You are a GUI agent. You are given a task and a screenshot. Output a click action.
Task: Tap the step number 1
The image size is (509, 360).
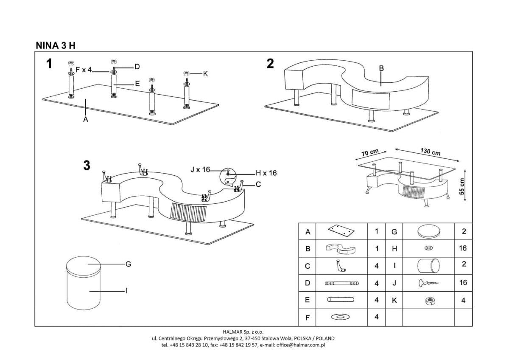click(x=49, y=65)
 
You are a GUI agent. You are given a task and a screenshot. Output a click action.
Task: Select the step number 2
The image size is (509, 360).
click(x=270, y=64)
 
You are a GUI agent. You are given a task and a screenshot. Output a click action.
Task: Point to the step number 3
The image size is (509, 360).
click(x=87, y=166)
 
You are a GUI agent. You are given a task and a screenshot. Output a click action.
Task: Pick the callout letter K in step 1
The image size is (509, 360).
click(x=206, y=74)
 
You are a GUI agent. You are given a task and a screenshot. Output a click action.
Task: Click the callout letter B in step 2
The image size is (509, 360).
click(x=381, y=68)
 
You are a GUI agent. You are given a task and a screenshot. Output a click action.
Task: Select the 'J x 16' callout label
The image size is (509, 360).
click(x=200, y=170)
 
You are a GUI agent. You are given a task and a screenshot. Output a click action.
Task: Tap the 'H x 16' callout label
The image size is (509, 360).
click(x=266, y=173)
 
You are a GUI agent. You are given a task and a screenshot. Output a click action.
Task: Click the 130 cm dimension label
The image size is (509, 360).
click(x=430, y=152)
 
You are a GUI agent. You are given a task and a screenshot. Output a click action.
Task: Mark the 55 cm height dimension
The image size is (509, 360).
click(x=462, y=186)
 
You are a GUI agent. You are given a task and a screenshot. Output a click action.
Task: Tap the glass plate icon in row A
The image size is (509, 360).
click(x=341, y=232)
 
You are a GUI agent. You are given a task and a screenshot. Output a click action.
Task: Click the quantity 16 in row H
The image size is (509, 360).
click(x=463, y=248)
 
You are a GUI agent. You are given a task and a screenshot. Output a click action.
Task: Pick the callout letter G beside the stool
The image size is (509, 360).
click(x=128, y=264)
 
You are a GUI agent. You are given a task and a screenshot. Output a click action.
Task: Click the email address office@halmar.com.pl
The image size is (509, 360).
click(x=301, y=345)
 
